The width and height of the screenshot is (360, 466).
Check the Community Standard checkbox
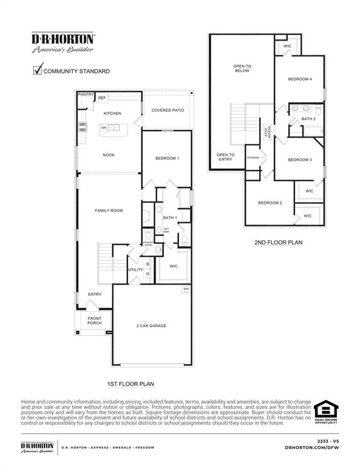(36, 70)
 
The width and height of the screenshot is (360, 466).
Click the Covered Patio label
(168, 110)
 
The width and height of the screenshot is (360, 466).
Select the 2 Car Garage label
(151, 326)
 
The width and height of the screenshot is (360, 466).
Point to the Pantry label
(86, 95)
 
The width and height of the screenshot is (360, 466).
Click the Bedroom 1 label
(167, 158)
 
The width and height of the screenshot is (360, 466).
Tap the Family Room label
(109, 211)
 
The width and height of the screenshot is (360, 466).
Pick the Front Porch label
(94, 321)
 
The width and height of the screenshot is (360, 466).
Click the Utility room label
(135, 269)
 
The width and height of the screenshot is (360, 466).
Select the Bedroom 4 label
(300, 79)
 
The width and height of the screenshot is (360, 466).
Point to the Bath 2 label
(308, 119)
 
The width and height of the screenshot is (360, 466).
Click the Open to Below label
(242, 69)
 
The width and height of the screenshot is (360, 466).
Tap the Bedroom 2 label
(270, 203)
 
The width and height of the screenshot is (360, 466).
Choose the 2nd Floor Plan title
(278, 243)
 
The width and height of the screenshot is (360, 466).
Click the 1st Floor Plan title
(131, 384)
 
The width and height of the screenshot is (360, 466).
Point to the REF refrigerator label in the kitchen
(102, 98)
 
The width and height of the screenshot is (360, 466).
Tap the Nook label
(109, 155)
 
